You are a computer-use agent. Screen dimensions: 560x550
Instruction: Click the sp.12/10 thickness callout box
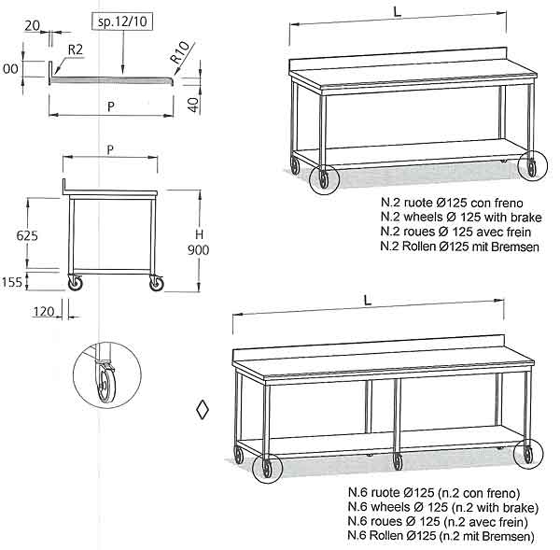[x=122, y=21]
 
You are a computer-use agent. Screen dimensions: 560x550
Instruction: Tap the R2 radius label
[x=76, y=49]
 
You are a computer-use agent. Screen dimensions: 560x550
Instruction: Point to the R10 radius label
[x=179, y=52]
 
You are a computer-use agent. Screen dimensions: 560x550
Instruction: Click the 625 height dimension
[x=27, y=235]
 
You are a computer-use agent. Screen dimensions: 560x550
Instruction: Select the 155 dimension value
[x=12, y=282]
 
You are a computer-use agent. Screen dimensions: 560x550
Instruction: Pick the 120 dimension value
[x=44, y=312]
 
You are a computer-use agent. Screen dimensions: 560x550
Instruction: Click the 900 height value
[x=199, y=250]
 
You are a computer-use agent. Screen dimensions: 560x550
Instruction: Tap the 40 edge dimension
[x=193, y=105]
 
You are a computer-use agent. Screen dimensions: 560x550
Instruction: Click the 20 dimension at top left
[x=32, y=25]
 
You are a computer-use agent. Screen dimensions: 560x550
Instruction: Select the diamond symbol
[x=203, y=410]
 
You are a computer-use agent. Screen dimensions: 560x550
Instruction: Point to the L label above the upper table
[x=398, y=12]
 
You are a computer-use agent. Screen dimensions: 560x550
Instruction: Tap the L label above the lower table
[x=368, y=300]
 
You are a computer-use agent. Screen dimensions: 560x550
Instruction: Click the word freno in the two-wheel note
[x=509, y=203]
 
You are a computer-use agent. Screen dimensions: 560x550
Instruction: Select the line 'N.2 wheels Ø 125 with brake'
[x=461, y=218]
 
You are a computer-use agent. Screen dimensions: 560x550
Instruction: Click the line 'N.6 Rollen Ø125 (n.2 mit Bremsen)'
[x=441, y=536]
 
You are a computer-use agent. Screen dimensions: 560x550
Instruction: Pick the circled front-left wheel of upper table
[x=324, y=178]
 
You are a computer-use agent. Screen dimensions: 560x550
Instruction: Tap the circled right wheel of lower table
[x=528, y=454]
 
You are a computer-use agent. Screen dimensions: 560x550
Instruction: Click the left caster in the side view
[x=76, y=283]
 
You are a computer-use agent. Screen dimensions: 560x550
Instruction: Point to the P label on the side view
[x=110, y=149]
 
